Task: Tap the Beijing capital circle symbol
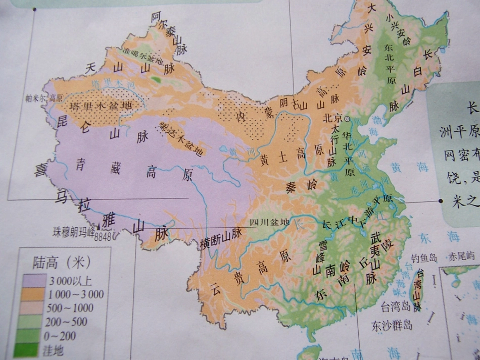(x=347, y=119)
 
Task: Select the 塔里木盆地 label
(x=100, y=107)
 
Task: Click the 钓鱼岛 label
(x=423, y=259)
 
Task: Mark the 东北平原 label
(x=389, y=66)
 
